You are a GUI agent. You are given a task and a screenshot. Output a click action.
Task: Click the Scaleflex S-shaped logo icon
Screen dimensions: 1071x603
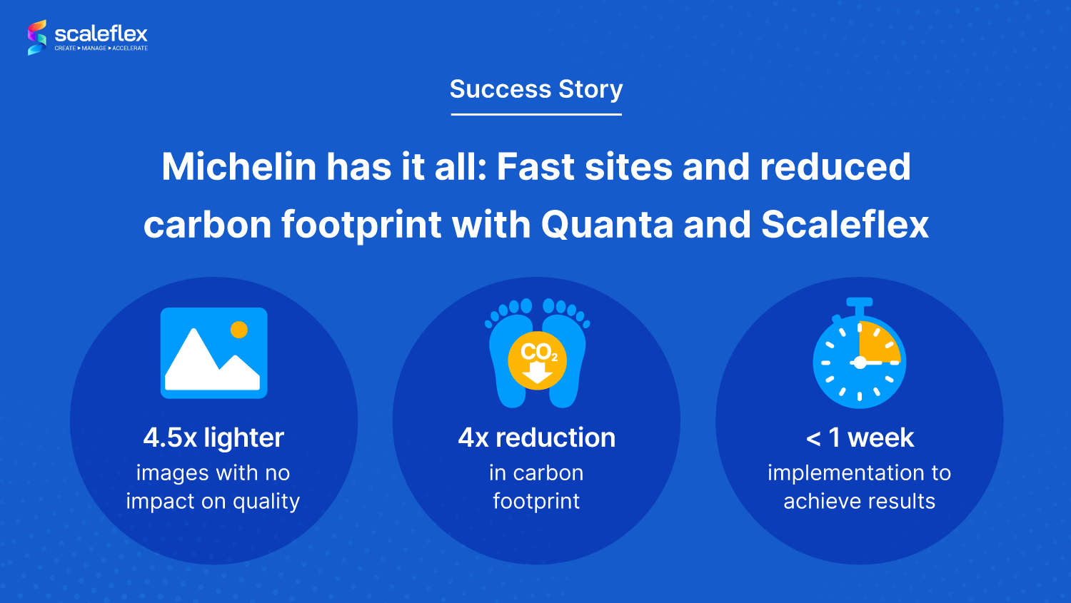[37, 37]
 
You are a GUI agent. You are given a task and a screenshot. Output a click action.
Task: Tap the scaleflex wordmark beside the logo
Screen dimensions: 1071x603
[101, 34]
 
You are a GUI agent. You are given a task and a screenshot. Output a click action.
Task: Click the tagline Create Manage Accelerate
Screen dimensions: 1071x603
[101, 49]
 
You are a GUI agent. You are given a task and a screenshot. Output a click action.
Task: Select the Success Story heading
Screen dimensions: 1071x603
[536, 89]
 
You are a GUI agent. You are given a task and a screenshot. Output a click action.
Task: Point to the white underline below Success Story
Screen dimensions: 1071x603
[536, 114]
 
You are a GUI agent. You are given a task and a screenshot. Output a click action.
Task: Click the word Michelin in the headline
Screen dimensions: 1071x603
[239, 166]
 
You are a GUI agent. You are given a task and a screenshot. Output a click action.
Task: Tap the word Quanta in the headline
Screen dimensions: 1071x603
[607, 225]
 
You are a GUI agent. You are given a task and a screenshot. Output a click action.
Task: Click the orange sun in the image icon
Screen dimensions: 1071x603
[239, 330]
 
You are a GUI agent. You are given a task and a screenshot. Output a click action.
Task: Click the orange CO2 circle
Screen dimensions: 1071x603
[538, 360]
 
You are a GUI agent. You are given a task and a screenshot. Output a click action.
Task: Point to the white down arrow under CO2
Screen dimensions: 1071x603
[538, 373]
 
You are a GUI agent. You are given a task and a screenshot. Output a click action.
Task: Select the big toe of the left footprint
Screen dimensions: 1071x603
[526, 305]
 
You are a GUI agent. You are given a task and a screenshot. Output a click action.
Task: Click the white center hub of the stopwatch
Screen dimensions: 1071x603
[860, 363]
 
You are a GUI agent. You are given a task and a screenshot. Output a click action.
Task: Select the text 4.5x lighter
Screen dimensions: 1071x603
[213, 437]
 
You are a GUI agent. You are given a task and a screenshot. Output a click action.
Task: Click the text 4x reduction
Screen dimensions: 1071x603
[536, 437]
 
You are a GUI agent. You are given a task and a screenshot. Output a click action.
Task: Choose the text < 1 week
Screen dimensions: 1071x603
[860, 437]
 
